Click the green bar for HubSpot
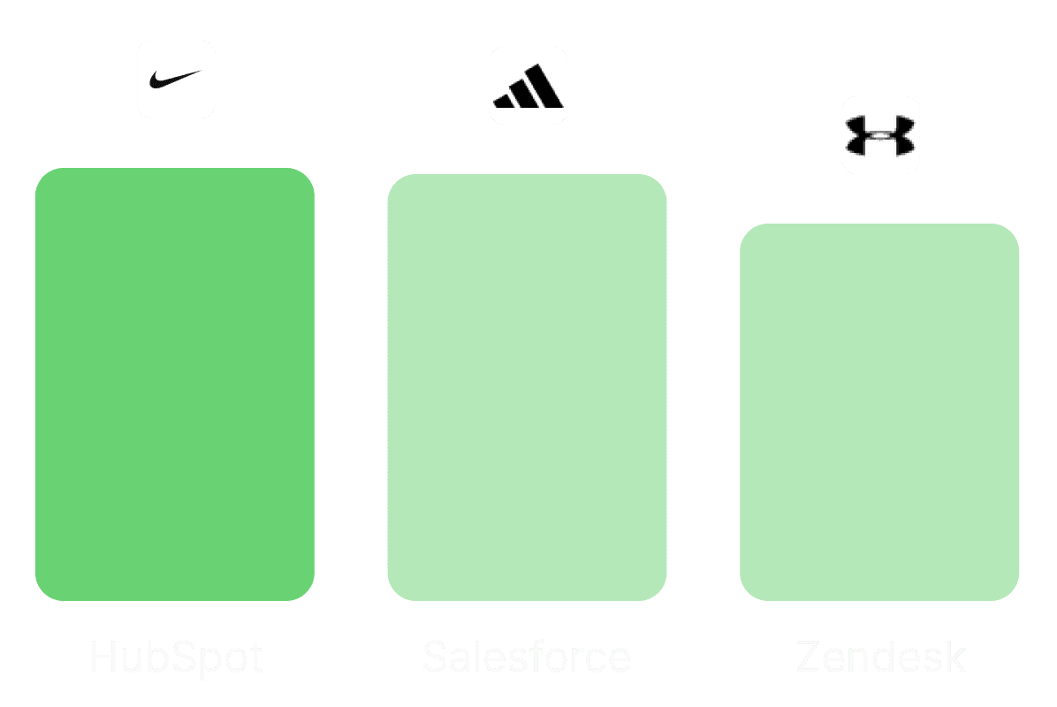pyautogui.click(x=174, y=384)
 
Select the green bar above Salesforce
pyautogui.click(x=527, y=387)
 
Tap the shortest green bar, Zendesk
pyautogui.click(x=879, y=412)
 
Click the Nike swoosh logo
pyautogui.click(x=176, y=80)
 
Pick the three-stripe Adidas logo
pyautogui.click(x=528, y=86)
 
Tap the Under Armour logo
pyautogui.click(x=880, y=135)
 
